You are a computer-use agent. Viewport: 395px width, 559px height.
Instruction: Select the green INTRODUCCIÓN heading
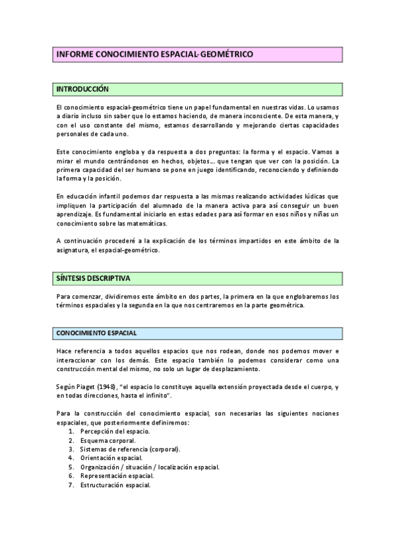coord(82,88)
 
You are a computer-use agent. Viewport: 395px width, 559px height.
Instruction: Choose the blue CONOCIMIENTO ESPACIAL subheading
coord(97,333)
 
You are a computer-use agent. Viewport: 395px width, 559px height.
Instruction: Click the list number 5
coord(71,467)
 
